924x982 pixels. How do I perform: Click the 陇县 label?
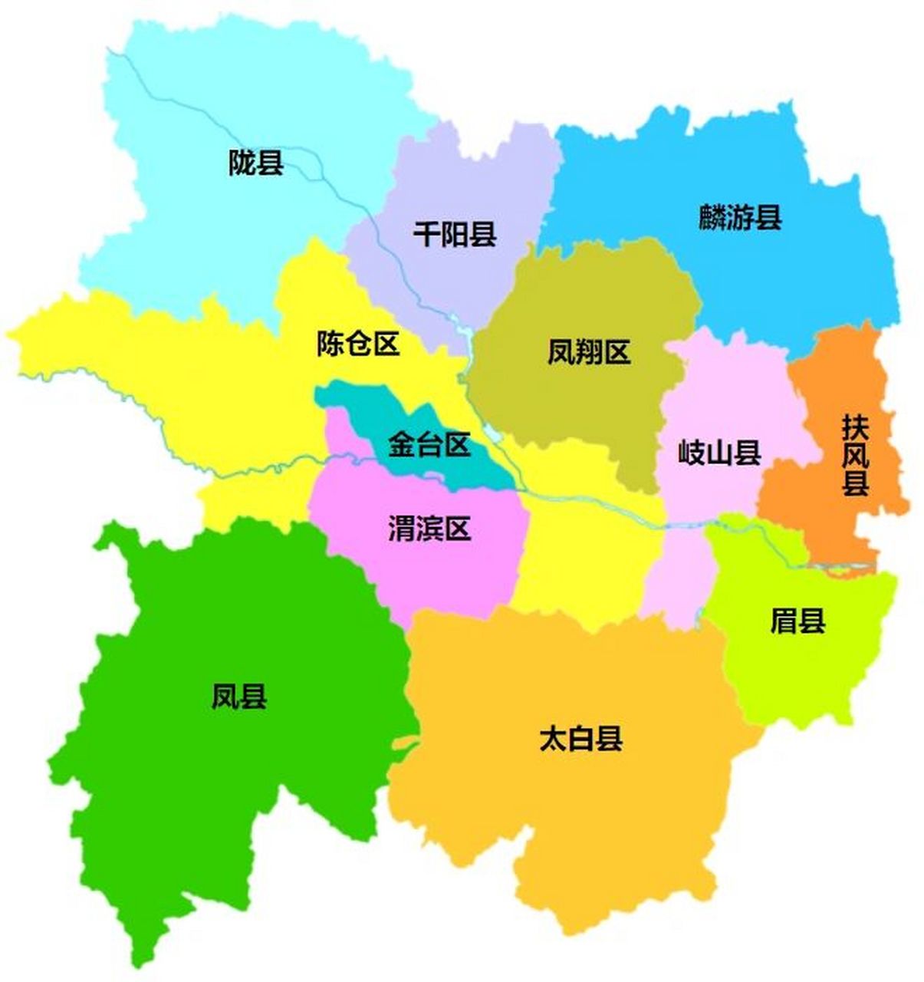pos(256,163)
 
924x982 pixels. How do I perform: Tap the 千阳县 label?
pos(455,233)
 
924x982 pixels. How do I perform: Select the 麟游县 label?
pos(739,217)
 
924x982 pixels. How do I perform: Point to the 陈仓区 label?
pos(358,344)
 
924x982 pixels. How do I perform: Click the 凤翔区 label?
pos(588,352)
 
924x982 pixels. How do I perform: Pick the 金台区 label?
pos(429,444)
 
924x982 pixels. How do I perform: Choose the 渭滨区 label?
pos(429,529)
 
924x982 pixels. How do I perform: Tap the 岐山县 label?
pos(719,453)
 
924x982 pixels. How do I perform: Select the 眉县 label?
pos(797,621)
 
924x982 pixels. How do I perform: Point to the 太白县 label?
pos(580,739)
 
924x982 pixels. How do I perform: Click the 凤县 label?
pos(239,697)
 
